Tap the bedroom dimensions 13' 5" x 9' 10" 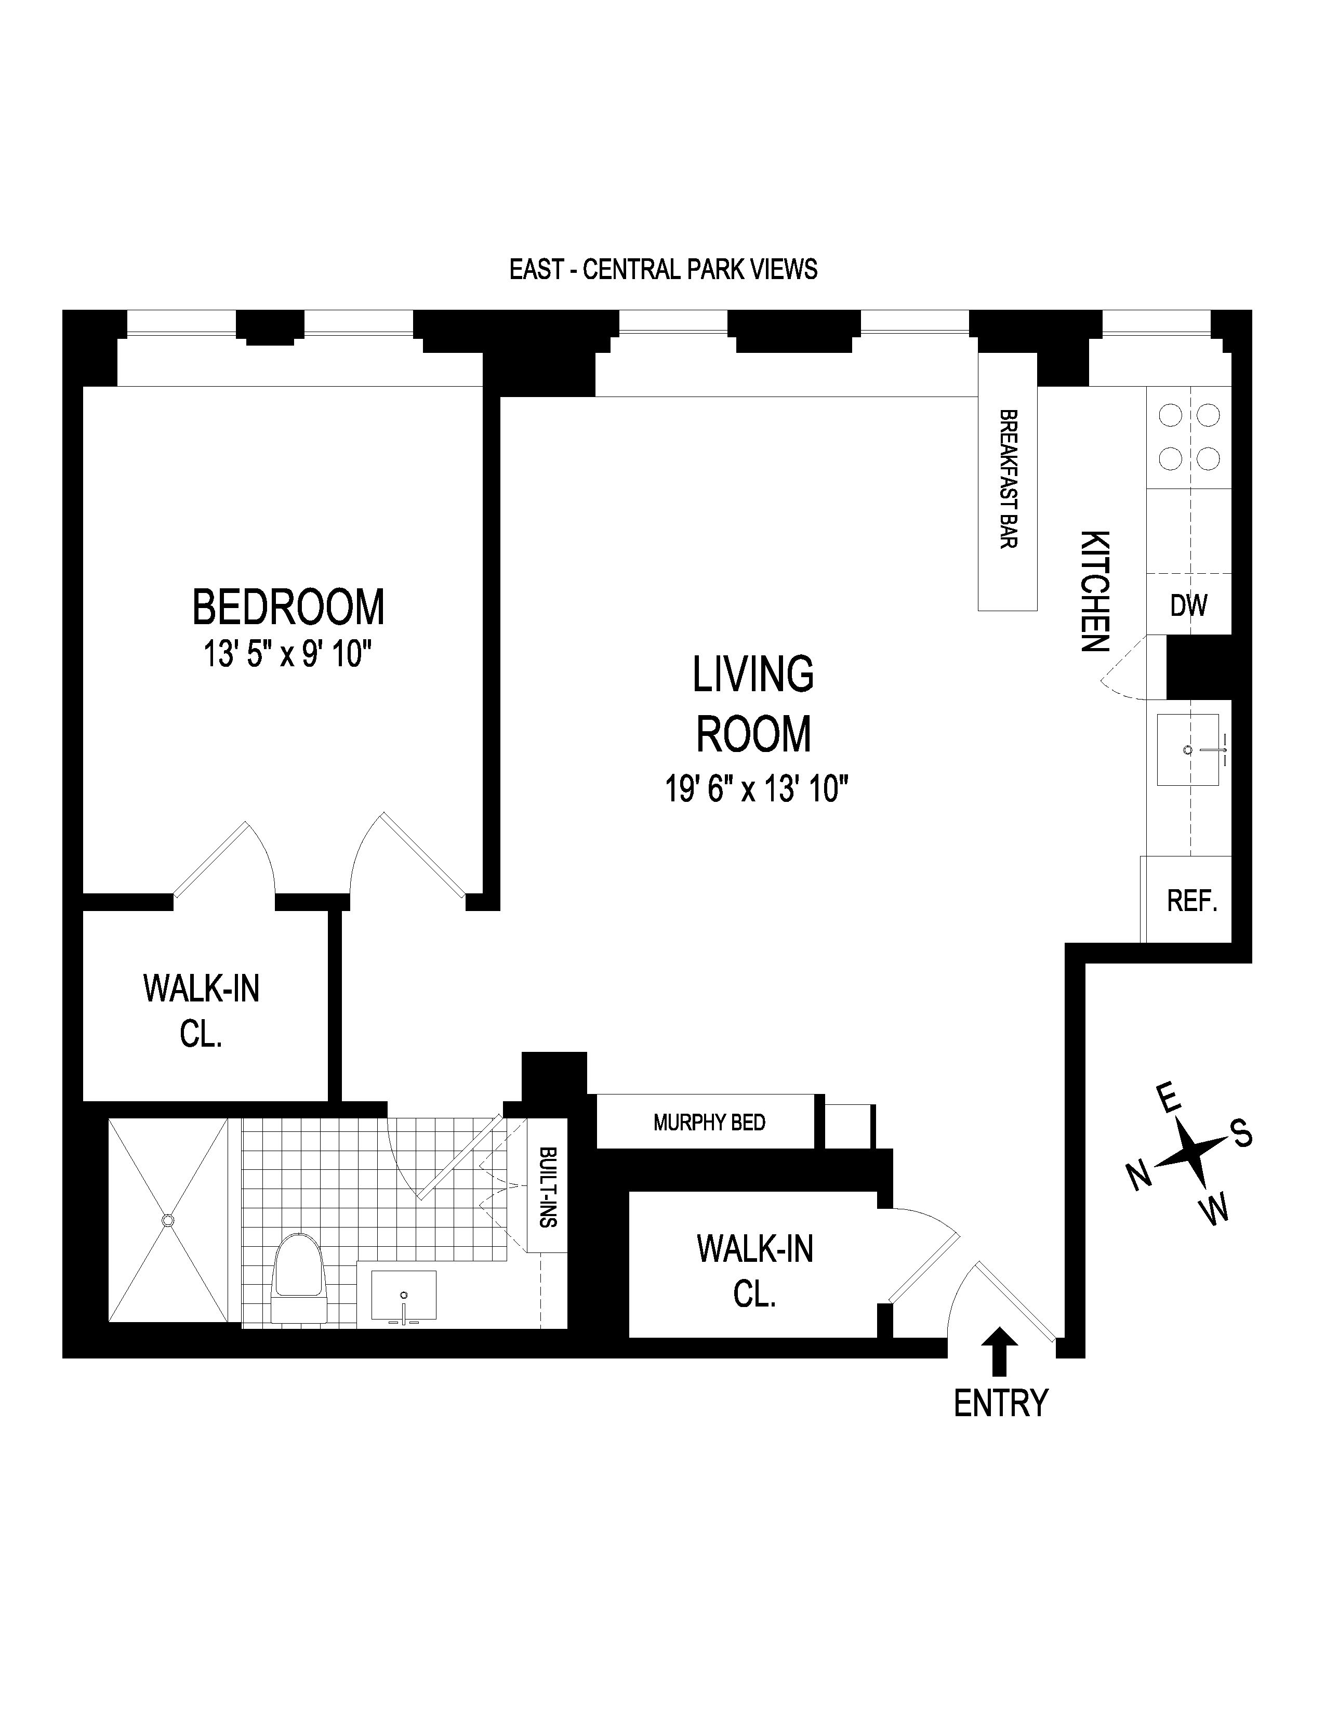tap(287, 653)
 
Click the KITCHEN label tap(1095, 590)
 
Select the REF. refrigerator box tap(1191, 900)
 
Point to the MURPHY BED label tap(709, 1122)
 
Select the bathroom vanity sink tap(403, 1296)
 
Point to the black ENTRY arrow tap(999, 1351)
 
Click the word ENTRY tap(1000, 1403)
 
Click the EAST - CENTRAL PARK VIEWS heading tap(664, 269)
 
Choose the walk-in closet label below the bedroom tap(201, 1011)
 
